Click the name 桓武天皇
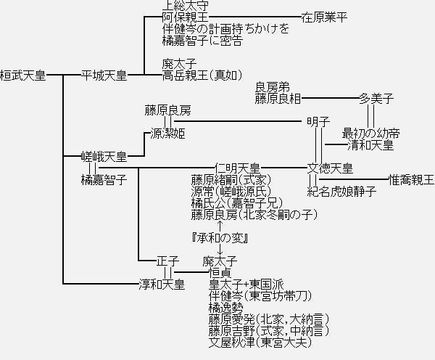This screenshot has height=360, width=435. pyautogui.click(x=23, y=75)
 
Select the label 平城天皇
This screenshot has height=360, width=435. pyautogui.click(x=104, y=75)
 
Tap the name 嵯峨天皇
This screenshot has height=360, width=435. pyautogui.click(x=104, y=157)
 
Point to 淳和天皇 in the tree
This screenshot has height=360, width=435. pyautogui.click(x=162, y=284)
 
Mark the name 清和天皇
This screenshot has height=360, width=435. pyautogui.click(x=370, y=145)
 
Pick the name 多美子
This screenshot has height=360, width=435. pyautogui.click(x=376, y=99)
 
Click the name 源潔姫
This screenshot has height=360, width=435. pyautogui.click(x=167, y=134)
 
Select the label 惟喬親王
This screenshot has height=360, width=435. pyautogui.click(x=411, y=179)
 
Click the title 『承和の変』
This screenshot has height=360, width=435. pyautogui.click(x=220, y=238)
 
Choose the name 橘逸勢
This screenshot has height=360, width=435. pyautogui.click(x=226, y=308)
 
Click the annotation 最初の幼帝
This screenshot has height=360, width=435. pyautogui.click(x=370, y=134)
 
